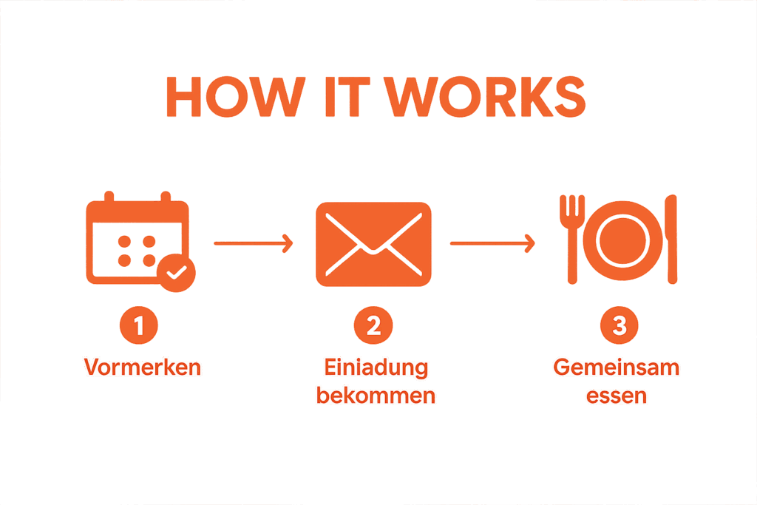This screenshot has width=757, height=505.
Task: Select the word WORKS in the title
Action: pos(485,96)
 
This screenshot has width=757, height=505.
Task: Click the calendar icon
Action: pos(137,240)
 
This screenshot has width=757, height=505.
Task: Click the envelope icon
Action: pos(373,244)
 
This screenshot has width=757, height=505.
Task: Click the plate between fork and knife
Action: pos(619,241)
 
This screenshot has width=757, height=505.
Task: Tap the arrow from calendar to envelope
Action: pos(254,243)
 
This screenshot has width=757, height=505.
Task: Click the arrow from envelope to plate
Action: pos(492,243)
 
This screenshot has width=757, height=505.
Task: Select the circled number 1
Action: pos(139,326)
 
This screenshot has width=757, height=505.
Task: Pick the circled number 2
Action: pos(373,326)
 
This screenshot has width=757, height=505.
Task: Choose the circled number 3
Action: pos(619,326)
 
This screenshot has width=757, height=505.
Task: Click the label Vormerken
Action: pos(143,367)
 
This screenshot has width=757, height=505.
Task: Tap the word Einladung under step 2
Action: pos(376,367)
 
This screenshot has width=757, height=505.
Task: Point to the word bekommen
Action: pos(376,396)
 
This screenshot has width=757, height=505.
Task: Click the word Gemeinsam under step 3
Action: pos(617,367)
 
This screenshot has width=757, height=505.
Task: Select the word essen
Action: pos(617,396)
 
